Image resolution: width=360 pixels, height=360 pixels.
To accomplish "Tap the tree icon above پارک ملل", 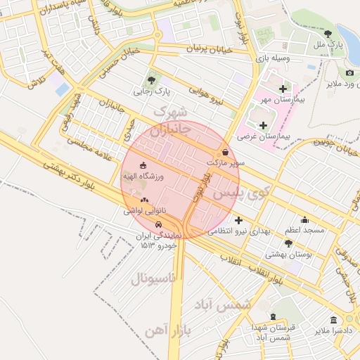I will pos(328,33).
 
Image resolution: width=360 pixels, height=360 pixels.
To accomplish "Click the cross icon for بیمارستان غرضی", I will pos(263,125).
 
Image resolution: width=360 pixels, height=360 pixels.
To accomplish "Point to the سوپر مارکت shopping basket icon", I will pos(225,151).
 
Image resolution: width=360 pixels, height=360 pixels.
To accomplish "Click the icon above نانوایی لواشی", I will pos(145,200).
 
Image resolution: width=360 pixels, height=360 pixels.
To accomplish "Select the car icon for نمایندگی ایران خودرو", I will pos(158,224).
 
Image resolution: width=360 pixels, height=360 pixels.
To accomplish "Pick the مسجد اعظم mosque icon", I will pos(304,219).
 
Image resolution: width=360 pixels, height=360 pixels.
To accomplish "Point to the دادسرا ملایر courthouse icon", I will pos(333,319).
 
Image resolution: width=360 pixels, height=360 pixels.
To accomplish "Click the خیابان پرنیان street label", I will pos(209,50).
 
